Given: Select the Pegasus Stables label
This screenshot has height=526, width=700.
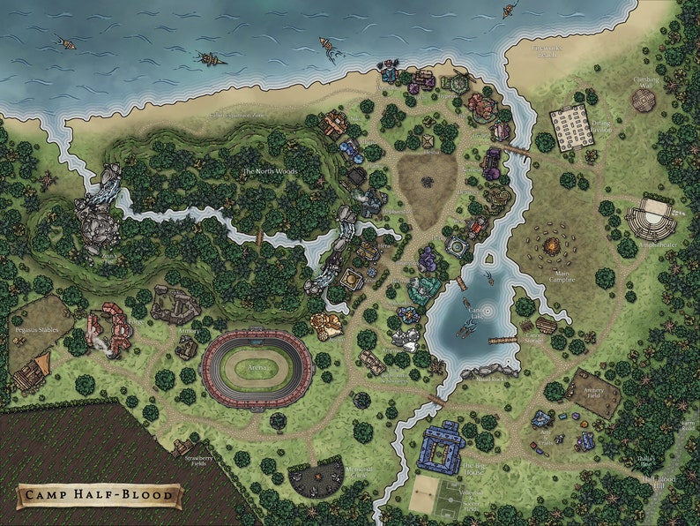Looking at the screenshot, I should point(39,301).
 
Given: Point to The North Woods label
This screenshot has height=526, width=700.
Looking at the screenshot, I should point(270,171).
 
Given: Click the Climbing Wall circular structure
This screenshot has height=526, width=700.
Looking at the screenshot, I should point(646,99).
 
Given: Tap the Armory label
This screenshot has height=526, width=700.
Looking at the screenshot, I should point(186,330).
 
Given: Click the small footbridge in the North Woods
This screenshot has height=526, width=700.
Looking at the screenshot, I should point(260,237).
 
